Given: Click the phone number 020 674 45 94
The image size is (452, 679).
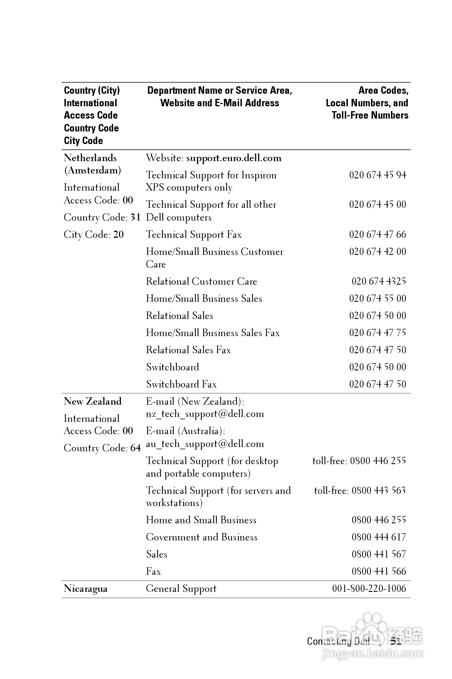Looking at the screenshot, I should pos(377,175).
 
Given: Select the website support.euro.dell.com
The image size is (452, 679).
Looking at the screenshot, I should pos(234,158).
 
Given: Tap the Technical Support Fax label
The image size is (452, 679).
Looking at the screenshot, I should pos(194,235).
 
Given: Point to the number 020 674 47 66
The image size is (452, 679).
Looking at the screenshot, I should pos(377,234).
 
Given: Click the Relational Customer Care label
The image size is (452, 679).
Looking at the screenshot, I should pos(201,281).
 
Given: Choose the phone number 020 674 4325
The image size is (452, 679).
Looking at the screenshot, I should pos(378,281).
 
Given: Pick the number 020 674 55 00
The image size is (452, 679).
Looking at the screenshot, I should pos(377,299).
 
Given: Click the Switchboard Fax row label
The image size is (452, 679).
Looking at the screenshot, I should pos(181,384).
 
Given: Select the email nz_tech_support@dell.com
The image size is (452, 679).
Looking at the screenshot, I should pos(205,414).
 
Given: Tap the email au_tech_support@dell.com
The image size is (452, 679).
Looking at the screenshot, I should pos(205,444).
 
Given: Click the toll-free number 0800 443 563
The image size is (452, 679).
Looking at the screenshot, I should pos(378,490).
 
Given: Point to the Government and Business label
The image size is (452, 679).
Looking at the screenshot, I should pos(201,537).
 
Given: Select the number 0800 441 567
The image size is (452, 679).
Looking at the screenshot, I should pos(378,554).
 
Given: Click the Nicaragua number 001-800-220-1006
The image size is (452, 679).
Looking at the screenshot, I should pos(369,589).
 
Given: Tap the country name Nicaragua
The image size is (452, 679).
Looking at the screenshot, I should pos(85,589).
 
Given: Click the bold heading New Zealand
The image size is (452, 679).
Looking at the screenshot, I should pos(92,402).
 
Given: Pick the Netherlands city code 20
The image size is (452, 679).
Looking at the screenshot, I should pos(118,235).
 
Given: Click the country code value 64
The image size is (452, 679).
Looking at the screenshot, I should pos(136,448).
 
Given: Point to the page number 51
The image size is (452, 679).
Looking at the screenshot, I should pos(395,641).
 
